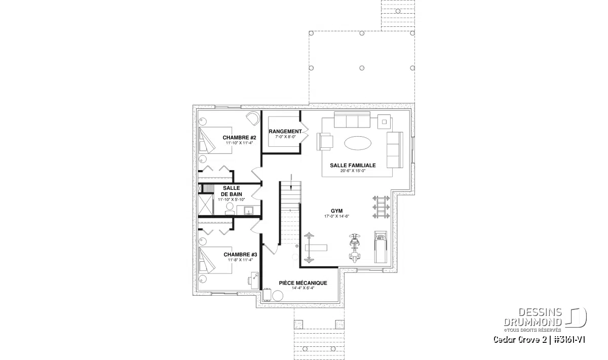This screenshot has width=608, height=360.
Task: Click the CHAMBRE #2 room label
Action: [239, 137]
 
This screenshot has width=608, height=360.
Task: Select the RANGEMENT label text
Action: [285, 131]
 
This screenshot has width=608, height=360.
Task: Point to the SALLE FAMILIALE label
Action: [353, 165]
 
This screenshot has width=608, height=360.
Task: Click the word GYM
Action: [337, 210]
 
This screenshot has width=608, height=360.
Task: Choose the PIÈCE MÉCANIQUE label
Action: [303, 283]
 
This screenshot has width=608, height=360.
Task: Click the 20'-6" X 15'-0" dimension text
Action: [353, 171]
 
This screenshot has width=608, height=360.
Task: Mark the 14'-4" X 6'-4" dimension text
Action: [303, 288]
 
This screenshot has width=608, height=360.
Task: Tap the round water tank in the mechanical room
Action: [278, 296]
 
